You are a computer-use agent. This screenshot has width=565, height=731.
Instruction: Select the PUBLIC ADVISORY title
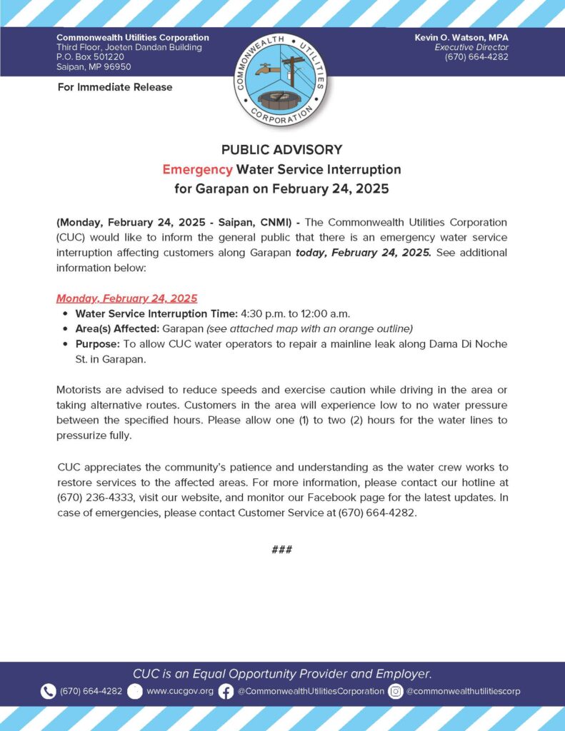pyautogui.click(x=281, y=150)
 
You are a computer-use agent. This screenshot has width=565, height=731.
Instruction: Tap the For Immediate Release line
pyautogui.click(x=114, y=87)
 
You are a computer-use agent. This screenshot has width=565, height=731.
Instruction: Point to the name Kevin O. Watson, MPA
pyautogui.click(x=461, y=37)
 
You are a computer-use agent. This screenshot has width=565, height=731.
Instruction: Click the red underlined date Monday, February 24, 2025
pyautogui.click(x=126, y=298)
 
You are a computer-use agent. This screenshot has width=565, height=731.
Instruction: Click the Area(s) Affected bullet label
pyautogui.click(x=116, y=328)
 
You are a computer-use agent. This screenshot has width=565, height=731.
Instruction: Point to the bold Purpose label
pyautogui.click(x=98, y=344)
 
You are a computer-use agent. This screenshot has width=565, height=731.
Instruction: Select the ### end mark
pyautogui.click(x=282, y=550)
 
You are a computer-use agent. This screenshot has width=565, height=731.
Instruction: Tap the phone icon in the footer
pyautogui.click(x=48, y=691)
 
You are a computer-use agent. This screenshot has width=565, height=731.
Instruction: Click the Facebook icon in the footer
pyautogui.click(x=226, y=691)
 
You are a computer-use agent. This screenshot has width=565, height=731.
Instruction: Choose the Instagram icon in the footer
pyautogui.click(x=396, y=691)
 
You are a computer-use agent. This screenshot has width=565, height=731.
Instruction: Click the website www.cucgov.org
pyautogui.click(x=180, y=691)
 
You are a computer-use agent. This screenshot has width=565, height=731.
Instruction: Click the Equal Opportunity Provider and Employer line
pyautogui.click(x=282, y=674)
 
